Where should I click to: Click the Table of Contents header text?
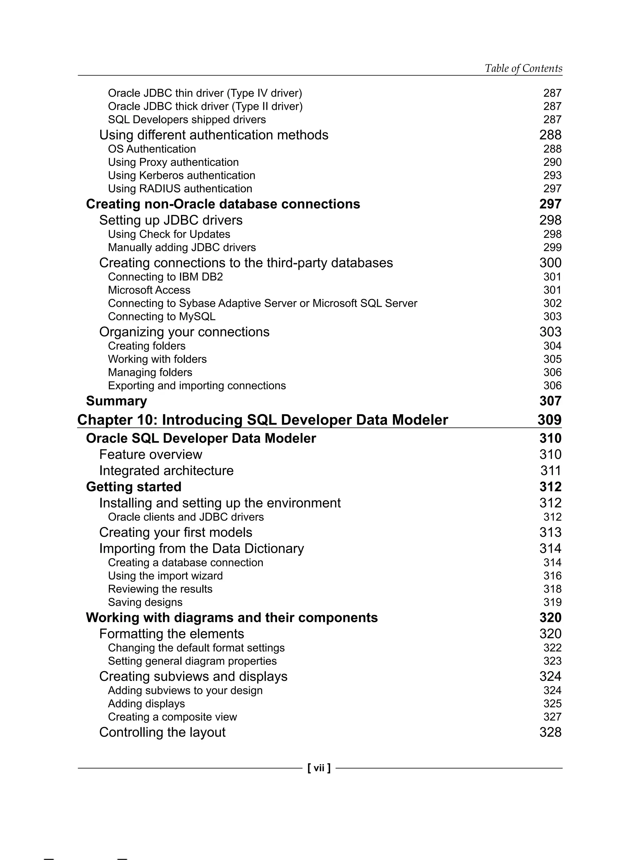click(x=523, y=68)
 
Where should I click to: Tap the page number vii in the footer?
click(x=319, y=768)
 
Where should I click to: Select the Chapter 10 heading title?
click(x=263, y=420)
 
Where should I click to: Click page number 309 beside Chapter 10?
click(x=549, y=420)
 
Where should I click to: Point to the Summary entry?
click(x=116, y=401)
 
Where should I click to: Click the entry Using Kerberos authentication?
click(x=181, y=175)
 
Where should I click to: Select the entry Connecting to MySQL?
click(x=162, y=317)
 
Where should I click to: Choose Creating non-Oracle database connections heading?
click(x=223, y=204)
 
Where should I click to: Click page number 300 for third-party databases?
click(x=550, y=263)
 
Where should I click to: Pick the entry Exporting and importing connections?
click(x=197, y=386)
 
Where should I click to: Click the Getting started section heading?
click(x=134, y=487)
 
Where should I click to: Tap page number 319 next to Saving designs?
click(x=552, y=602)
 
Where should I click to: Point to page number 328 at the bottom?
click(x=550, y=732)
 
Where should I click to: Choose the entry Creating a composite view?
click(x=172, y=717)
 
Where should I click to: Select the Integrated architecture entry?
click(x=166, y=471)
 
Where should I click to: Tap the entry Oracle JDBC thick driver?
click(x=205, y=106)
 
